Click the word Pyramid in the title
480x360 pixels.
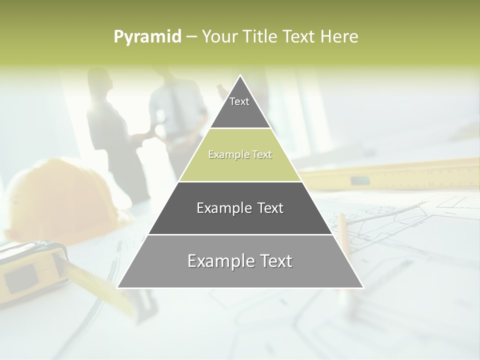pyautogui.click(x=147, y=37)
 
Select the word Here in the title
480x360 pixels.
pyautogui.click(x=339, y=36)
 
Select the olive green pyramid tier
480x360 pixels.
pyautogui.click(x=240, y=155)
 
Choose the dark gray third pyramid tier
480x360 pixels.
pyautogui.click(x=240, y=208)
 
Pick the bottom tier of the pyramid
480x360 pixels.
pyautogui.click(x=240, y=261)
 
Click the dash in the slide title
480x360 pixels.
pyautogui.click(x=191, y=37)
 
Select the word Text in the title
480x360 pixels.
pyautogui.click(x=300, y=36)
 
